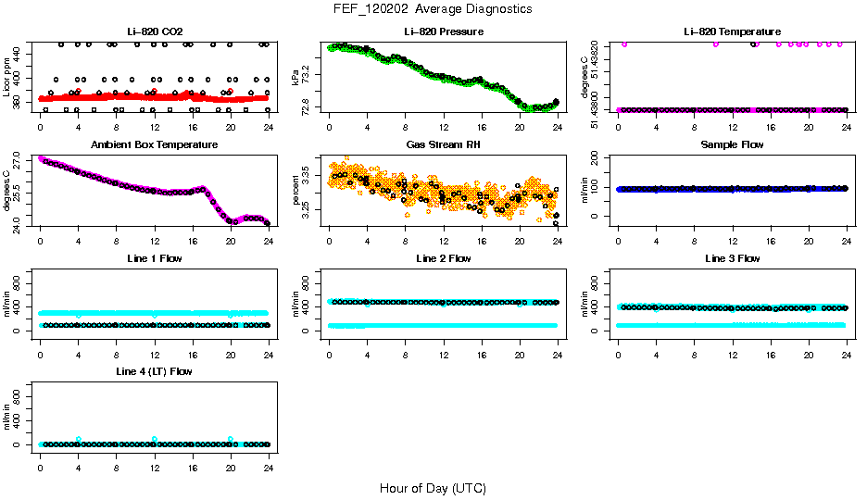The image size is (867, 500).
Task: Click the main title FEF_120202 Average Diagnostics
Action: [433, 9]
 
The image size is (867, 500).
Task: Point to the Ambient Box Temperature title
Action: [154, 145]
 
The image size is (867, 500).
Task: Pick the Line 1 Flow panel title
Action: [154, 258]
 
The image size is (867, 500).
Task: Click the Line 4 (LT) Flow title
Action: [154, 372]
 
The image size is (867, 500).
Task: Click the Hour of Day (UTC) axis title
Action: [433, 488]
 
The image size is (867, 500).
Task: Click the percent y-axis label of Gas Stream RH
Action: [295, 189]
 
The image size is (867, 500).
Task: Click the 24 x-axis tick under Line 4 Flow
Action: [268, 457]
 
